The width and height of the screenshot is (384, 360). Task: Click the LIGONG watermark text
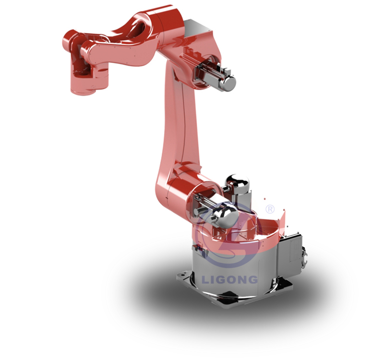pos(230,279)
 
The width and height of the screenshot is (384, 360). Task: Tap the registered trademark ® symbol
pos(270,209)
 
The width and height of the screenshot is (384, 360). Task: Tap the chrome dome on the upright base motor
pos(237,182)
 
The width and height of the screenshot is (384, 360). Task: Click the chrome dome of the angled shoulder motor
pos(225,216)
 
